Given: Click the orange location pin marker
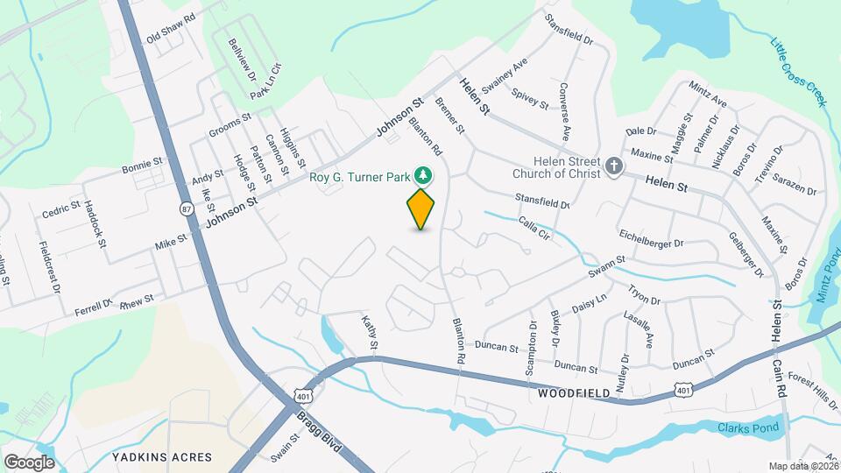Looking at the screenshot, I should (x=421, y=208).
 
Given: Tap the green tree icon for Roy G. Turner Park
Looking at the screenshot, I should (x=424, y=175).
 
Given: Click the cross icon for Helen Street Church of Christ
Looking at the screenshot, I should (x=615, y=166).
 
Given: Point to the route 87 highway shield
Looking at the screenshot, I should (x=186, y=208).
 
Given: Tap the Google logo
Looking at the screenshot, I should (x=29, y=462).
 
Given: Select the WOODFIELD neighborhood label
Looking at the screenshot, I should (x=574, y=395).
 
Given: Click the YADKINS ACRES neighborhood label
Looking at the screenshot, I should (x=162, y=457).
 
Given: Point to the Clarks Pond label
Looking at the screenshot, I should (x=747, y=428).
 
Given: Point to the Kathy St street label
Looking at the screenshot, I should (x=370, y=336).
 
